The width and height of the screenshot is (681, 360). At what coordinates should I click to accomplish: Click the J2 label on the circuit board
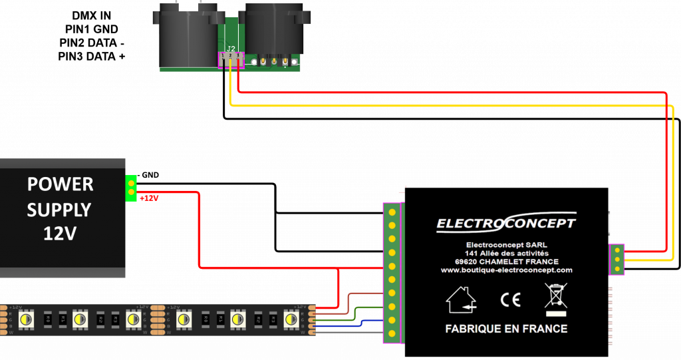[x=231, y=49]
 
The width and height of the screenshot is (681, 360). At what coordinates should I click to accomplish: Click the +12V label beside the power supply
[x=150, y=198]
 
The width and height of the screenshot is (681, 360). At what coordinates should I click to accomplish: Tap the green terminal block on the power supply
[x=131, y=188]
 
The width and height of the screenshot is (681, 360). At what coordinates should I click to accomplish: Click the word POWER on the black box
[x=60, y=184]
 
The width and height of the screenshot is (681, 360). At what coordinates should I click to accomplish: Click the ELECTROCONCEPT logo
[x=506, y=223]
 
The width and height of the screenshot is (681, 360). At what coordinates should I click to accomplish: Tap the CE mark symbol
[x=510, y=300]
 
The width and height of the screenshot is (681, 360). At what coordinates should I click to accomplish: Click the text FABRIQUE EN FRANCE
[x=506, y=329]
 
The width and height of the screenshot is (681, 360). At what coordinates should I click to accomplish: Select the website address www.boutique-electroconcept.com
[x=506, y=270]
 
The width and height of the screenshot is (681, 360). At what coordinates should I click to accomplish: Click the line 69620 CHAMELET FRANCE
[x=506, y=262]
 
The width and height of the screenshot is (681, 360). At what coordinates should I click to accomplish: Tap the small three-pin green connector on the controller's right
[x=617, y=259]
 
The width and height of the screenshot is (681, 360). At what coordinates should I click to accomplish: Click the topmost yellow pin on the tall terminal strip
[x=392, y=212]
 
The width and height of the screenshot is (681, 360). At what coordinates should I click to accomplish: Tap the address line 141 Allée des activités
[x=506, y=253]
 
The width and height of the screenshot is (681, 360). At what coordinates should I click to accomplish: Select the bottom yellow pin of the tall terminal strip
[x=392, y=333]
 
